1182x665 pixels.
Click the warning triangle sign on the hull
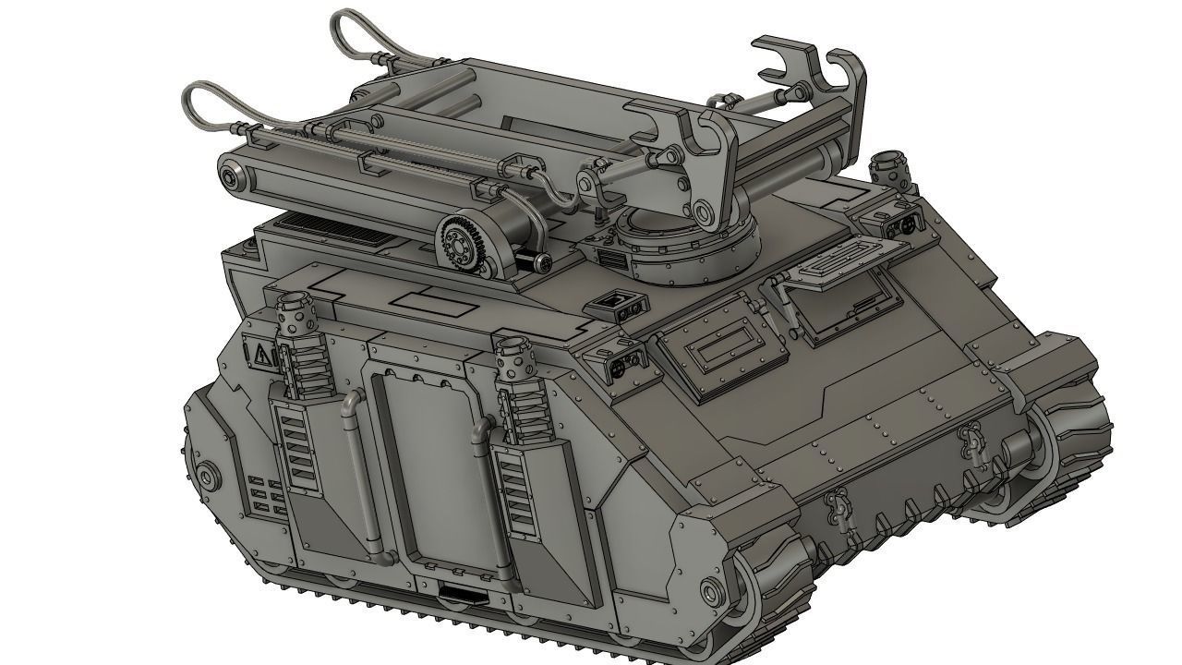click(262, 352)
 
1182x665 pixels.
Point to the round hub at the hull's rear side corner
click(209, 476)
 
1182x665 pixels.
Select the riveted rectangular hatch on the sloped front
click(721, 352)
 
